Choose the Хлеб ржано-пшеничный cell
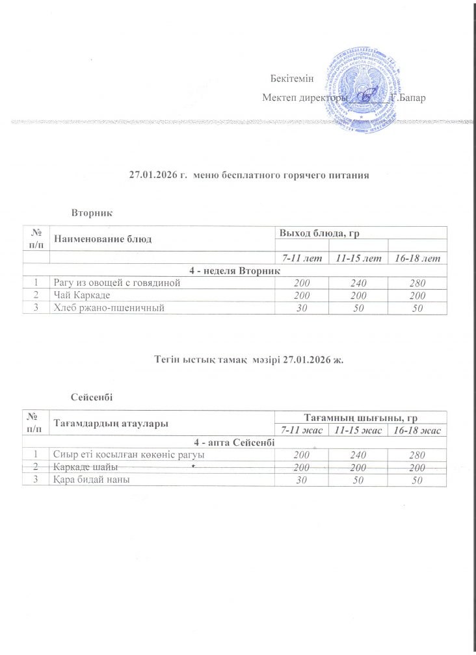point(107,306)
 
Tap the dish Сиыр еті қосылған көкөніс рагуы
point(122,455)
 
